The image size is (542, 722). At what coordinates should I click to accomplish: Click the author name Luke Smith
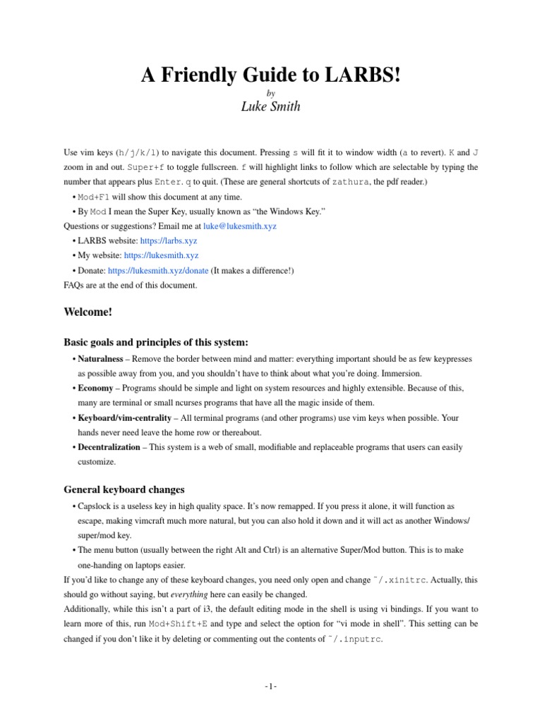coord(271,107)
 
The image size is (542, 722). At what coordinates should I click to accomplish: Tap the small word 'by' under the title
coord(271,92)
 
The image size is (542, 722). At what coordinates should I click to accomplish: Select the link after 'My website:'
coord(161,256)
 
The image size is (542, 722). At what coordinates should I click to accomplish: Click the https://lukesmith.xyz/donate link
coord(158,271)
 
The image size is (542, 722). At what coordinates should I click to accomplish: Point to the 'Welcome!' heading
coord(88,311)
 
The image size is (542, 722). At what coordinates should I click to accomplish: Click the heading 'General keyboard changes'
coord(124,489)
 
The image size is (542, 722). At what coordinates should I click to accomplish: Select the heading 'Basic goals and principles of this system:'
coord(156,341)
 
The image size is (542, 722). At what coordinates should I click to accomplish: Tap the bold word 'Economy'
coord(95,388)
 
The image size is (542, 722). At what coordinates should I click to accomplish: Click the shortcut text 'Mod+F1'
coord(94,197)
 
